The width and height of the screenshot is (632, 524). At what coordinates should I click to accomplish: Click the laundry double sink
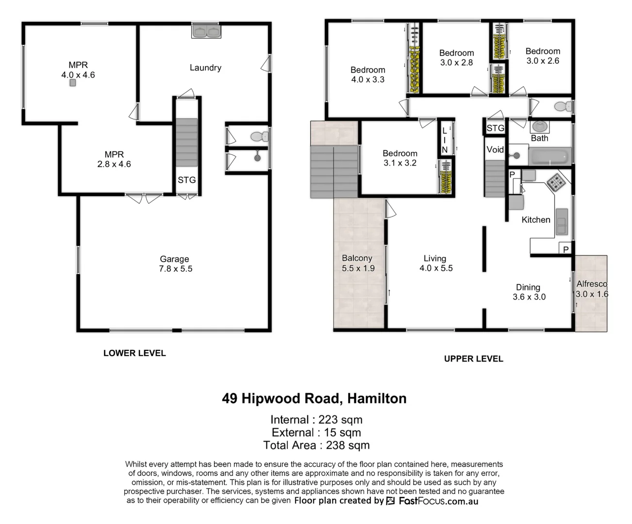[x=206, y=31]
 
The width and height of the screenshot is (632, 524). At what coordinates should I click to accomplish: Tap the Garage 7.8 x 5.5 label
[x=175, y=264]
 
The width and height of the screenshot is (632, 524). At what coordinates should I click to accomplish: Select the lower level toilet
[x=259, y=136]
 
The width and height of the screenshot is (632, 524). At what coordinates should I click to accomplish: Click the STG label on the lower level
[x=186, y=180]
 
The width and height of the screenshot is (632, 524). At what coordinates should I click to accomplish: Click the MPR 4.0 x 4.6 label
[x=78, y=70]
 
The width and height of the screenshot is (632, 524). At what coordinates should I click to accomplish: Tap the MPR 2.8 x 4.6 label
[x=114, y=159]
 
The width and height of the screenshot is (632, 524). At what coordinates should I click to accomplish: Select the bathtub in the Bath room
[x=549, y=157]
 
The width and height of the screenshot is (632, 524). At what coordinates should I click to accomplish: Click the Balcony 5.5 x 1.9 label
[x=358, y=263]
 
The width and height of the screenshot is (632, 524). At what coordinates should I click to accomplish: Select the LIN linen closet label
[x=445, y=140]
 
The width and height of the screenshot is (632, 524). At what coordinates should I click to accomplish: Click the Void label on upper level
[x=495, y=149]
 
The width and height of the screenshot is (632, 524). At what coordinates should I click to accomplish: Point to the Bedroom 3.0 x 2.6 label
[x=543, y=56]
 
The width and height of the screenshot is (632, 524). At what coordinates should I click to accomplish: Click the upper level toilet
[x=563, y=106]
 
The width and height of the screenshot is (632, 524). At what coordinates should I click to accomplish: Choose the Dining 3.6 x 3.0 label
[x=529, y=292]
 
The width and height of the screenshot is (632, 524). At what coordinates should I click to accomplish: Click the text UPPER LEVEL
[x=473, y=359]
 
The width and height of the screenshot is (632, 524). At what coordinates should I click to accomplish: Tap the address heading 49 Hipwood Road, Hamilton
[x=314, y=398]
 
